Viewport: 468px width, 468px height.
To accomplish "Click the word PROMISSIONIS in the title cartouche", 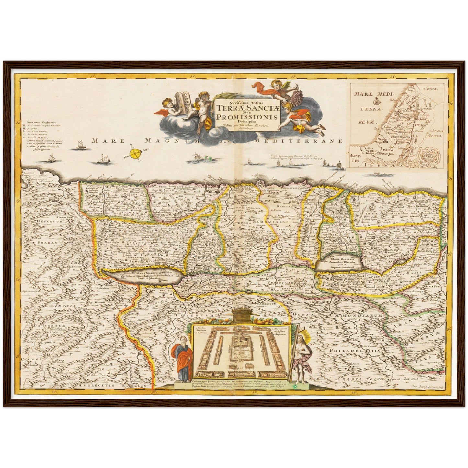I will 247,117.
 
